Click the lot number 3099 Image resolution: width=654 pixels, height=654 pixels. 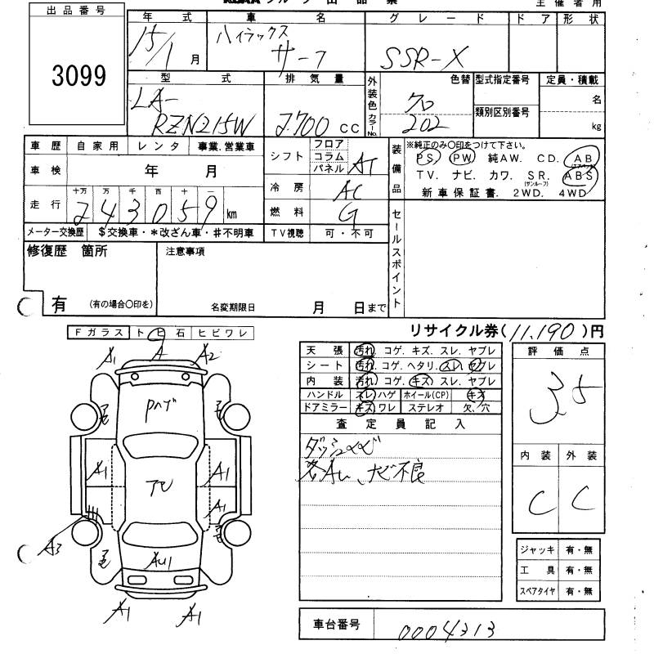click(78, 77)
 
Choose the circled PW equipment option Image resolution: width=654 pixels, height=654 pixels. click(463, 157)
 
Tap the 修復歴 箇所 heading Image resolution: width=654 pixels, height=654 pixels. click(68, 252)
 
